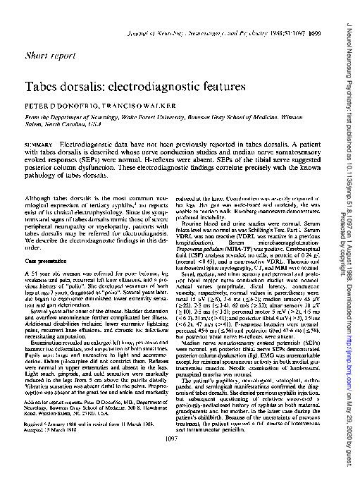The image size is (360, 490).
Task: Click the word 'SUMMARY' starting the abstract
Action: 39,144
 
